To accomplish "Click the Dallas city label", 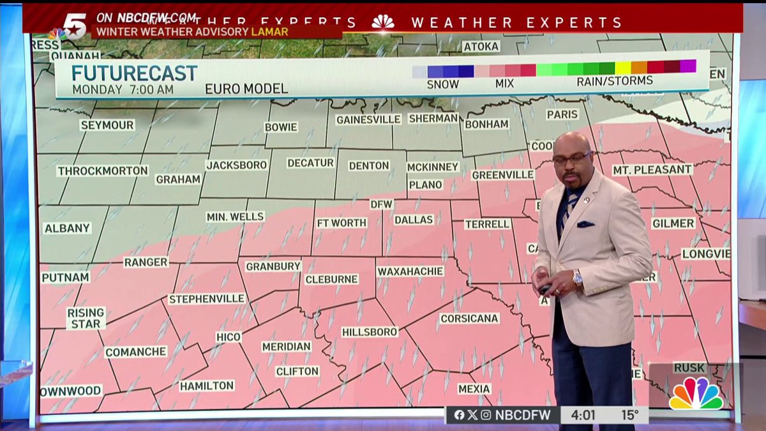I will point(414,220).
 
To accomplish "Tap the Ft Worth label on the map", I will point(342,223).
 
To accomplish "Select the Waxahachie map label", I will point(410,271).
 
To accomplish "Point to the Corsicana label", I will point(469,318).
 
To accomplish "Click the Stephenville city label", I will point(207,299).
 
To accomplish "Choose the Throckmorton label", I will point(102,171).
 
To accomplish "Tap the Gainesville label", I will point(368,119).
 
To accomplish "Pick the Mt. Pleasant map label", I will point(652,170).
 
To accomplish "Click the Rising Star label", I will point(86,318).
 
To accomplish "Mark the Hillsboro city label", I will point(370,332).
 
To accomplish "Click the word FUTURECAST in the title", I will point(134,73).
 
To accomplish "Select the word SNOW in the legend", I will point(442,84).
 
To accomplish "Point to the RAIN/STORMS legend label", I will point(614,81).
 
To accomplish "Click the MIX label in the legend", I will point(504,84).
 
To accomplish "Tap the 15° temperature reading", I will point(630,415).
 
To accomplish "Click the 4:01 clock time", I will point(583,415).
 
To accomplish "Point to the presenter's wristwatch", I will point(577,278).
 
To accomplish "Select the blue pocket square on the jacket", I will point(585,224).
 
